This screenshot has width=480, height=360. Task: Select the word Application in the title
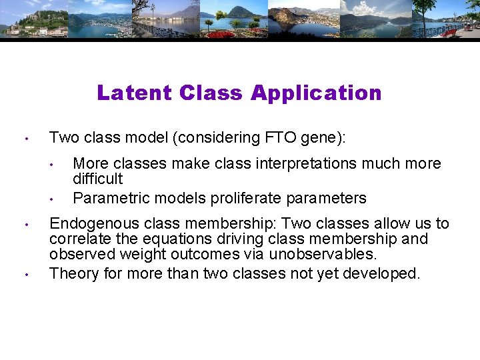[316, 93]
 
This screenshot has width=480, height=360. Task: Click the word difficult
[98, 179]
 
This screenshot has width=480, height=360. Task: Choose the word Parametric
[105, 198]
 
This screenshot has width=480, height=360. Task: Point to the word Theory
[70, 273]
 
